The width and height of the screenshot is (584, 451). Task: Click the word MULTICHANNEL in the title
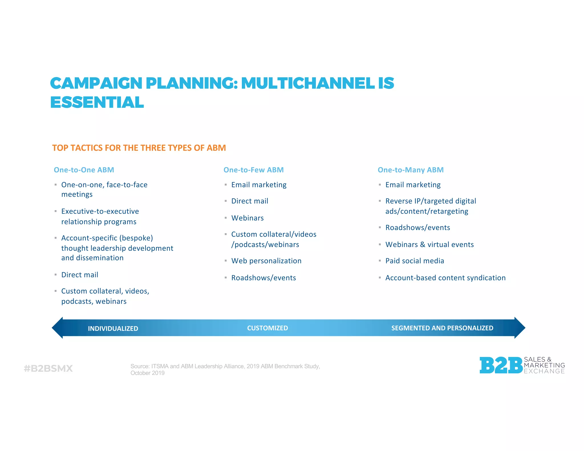308,83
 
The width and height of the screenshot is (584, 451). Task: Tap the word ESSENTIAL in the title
97,103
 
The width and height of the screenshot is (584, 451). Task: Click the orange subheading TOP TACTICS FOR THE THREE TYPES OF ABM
139,148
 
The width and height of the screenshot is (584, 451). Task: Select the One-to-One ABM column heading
84,170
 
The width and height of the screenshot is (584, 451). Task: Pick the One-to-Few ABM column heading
254,170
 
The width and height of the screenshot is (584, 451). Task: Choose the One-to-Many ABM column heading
411,170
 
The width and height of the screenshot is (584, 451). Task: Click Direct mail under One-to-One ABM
80,275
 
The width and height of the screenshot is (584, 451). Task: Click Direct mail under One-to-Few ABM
250,201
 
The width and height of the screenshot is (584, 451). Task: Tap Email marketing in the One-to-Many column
413,185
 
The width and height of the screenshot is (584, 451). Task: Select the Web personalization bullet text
266,261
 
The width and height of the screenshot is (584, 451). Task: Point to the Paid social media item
415,261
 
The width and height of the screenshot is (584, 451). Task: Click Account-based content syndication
445,278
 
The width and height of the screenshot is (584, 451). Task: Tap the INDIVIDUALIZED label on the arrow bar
113,329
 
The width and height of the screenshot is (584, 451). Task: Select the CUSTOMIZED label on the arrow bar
267,328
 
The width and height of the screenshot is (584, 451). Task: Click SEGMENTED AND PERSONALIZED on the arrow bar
442,328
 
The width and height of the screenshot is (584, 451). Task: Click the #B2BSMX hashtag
48,369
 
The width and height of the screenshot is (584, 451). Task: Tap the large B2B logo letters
501,365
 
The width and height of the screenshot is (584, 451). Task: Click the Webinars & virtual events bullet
429,245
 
